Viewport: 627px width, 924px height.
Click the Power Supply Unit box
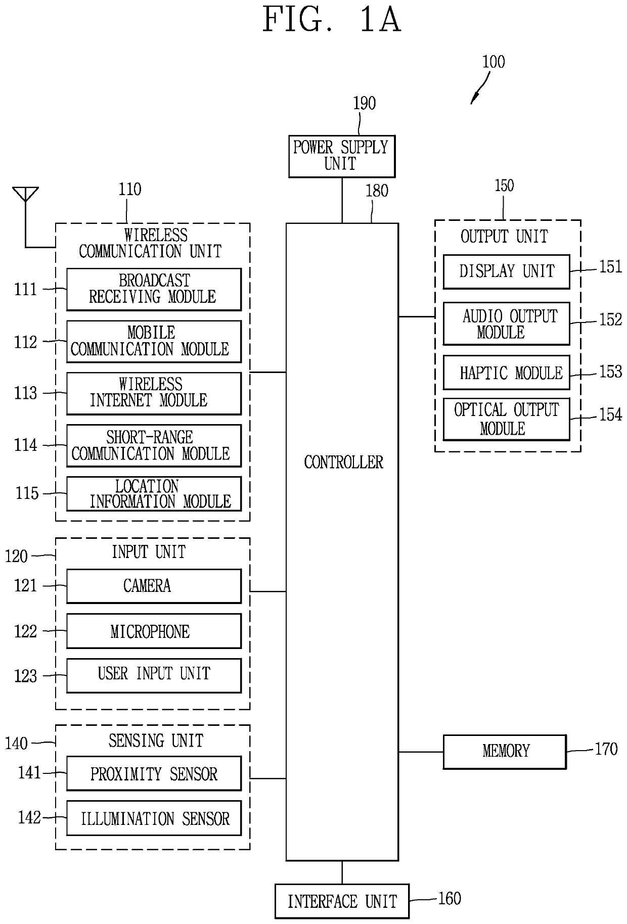(x=342, y=156)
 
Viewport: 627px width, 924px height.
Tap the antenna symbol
(x=26, y=195)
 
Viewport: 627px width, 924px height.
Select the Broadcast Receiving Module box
(x=154, y=289)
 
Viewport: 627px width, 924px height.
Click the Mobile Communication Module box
(x=154, y=341)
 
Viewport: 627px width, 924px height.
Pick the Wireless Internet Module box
(x=154, y=393)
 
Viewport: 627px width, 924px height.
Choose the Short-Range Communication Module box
(x=154, y=445)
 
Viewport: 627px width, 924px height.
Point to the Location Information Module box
(x=154, y=493)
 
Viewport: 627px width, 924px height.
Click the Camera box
(x=154, y=586)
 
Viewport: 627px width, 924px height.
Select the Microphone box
(x=154, y=631)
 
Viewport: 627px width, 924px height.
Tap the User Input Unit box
(x=154, y=675)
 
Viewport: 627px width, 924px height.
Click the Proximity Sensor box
(x=154, y=773)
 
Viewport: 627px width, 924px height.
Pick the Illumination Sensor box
(x=154, y=818)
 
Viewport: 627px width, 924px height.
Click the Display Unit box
(x=506, y=271)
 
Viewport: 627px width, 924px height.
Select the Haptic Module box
(x=506, y=373)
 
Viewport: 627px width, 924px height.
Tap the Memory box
(x=505, y=752)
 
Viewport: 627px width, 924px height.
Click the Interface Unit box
(x=342, y=901)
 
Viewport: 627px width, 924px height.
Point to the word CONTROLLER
(x=343, y=462)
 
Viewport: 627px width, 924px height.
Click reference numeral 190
(x=364, y=103)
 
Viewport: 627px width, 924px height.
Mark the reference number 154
(x=610, y=414)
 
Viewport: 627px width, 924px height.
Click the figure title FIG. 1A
(x=332, y=20)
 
